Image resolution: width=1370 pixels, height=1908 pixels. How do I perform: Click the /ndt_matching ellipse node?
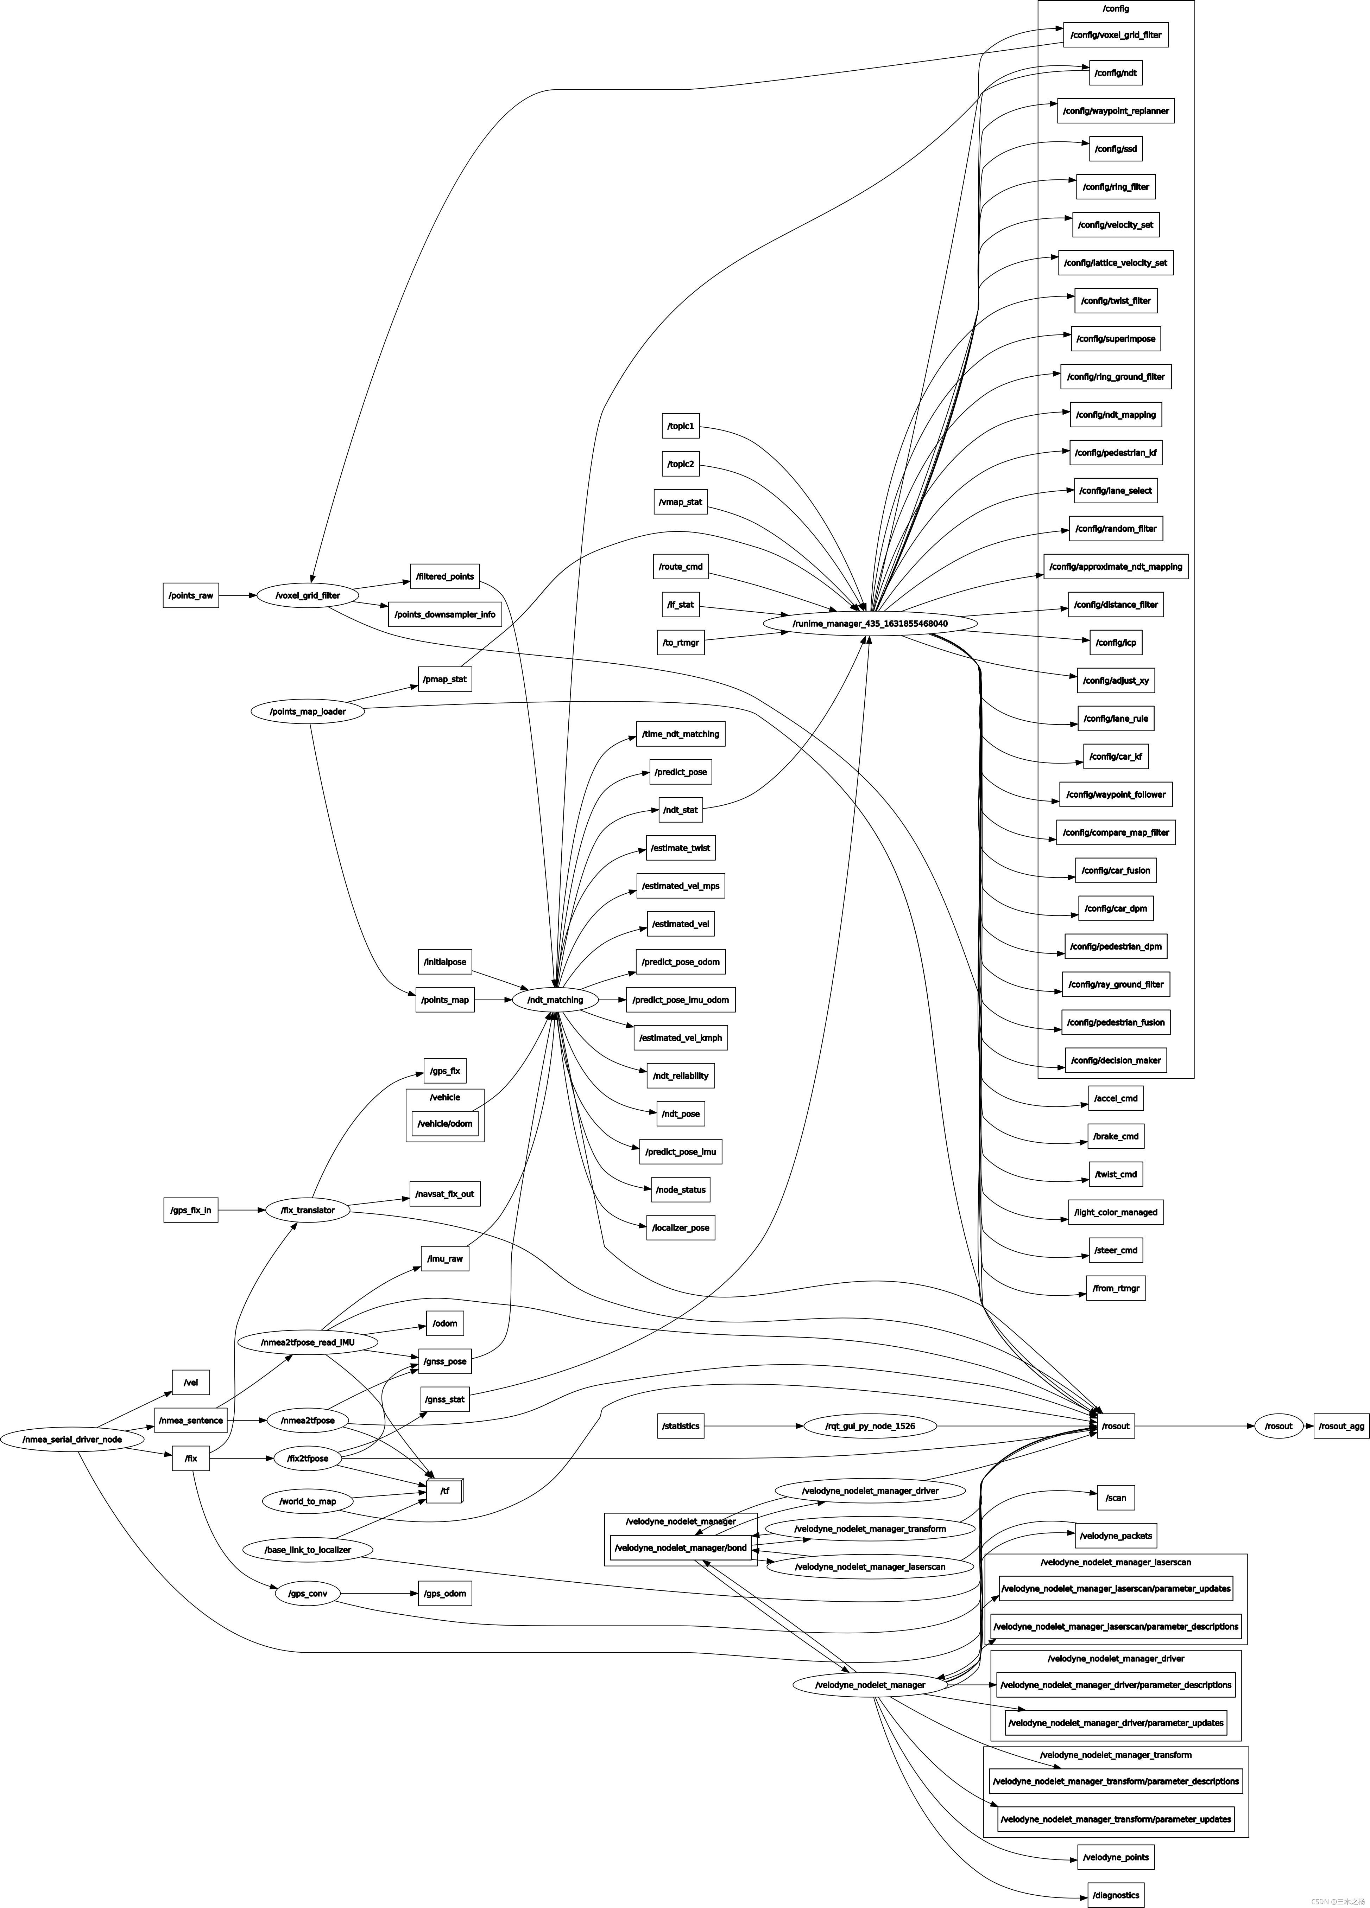pos(555,1000)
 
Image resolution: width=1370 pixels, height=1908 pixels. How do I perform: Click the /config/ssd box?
pos(1116,149)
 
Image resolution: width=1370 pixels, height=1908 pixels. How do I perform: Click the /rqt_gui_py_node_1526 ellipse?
pos(870,1426)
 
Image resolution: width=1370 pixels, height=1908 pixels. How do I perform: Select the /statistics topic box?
pos(681,1426)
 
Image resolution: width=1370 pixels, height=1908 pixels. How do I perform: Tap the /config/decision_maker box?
pos(1116,1060)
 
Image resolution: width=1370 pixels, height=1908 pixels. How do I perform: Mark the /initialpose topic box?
pos(445,962)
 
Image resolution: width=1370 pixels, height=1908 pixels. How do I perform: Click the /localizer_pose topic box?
pos(681,1227)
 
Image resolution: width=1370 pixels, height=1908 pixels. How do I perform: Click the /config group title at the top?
pos(1116,8)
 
